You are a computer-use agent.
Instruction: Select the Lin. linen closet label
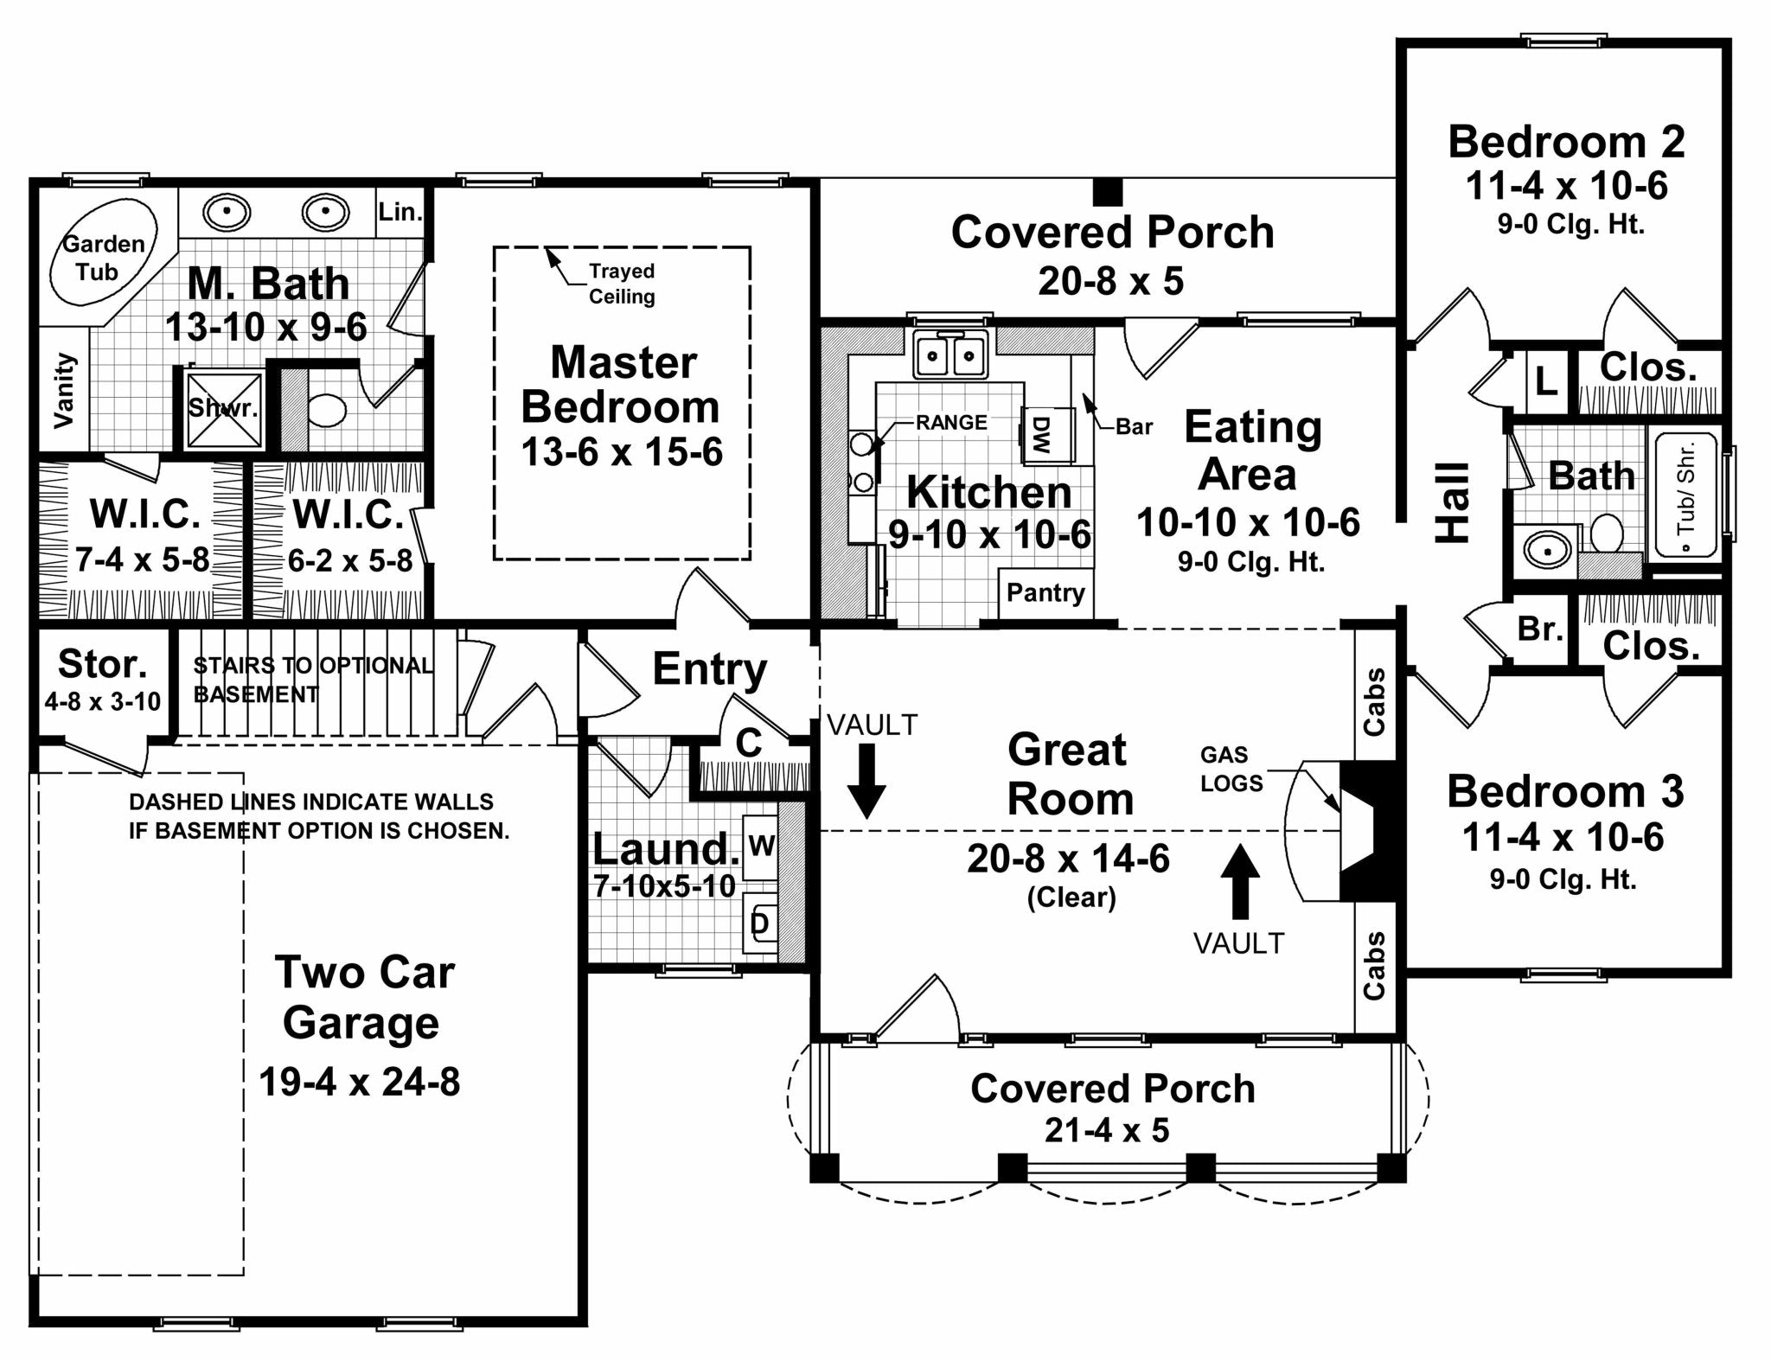pos(400,211)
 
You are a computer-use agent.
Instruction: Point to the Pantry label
pos(1045,593)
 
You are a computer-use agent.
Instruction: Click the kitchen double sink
pos(950,354)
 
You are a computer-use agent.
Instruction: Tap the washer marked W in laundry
pos(760,846)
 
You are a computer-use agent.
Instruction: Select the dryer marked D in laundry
pos(760,923)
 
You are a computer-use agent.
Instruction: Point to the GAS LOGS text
pos(1231,769)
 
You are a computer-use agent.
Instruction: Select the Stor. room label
pos(102,664)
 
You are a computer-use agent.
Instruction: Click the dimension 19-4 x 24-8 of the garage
pos(360,1082)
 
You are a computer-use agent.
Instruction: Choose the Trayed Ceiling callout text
pos(622,284)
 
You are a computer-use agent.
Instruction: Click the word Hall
pos(1453,504)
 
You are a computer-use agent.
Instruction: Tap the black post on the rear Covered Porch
pos(1107,191)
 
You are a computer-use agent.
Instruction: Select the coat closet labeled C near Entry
pos(749,743)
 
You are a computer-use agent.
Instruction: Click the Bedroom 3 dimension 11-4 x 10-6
pos(1563,837)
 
